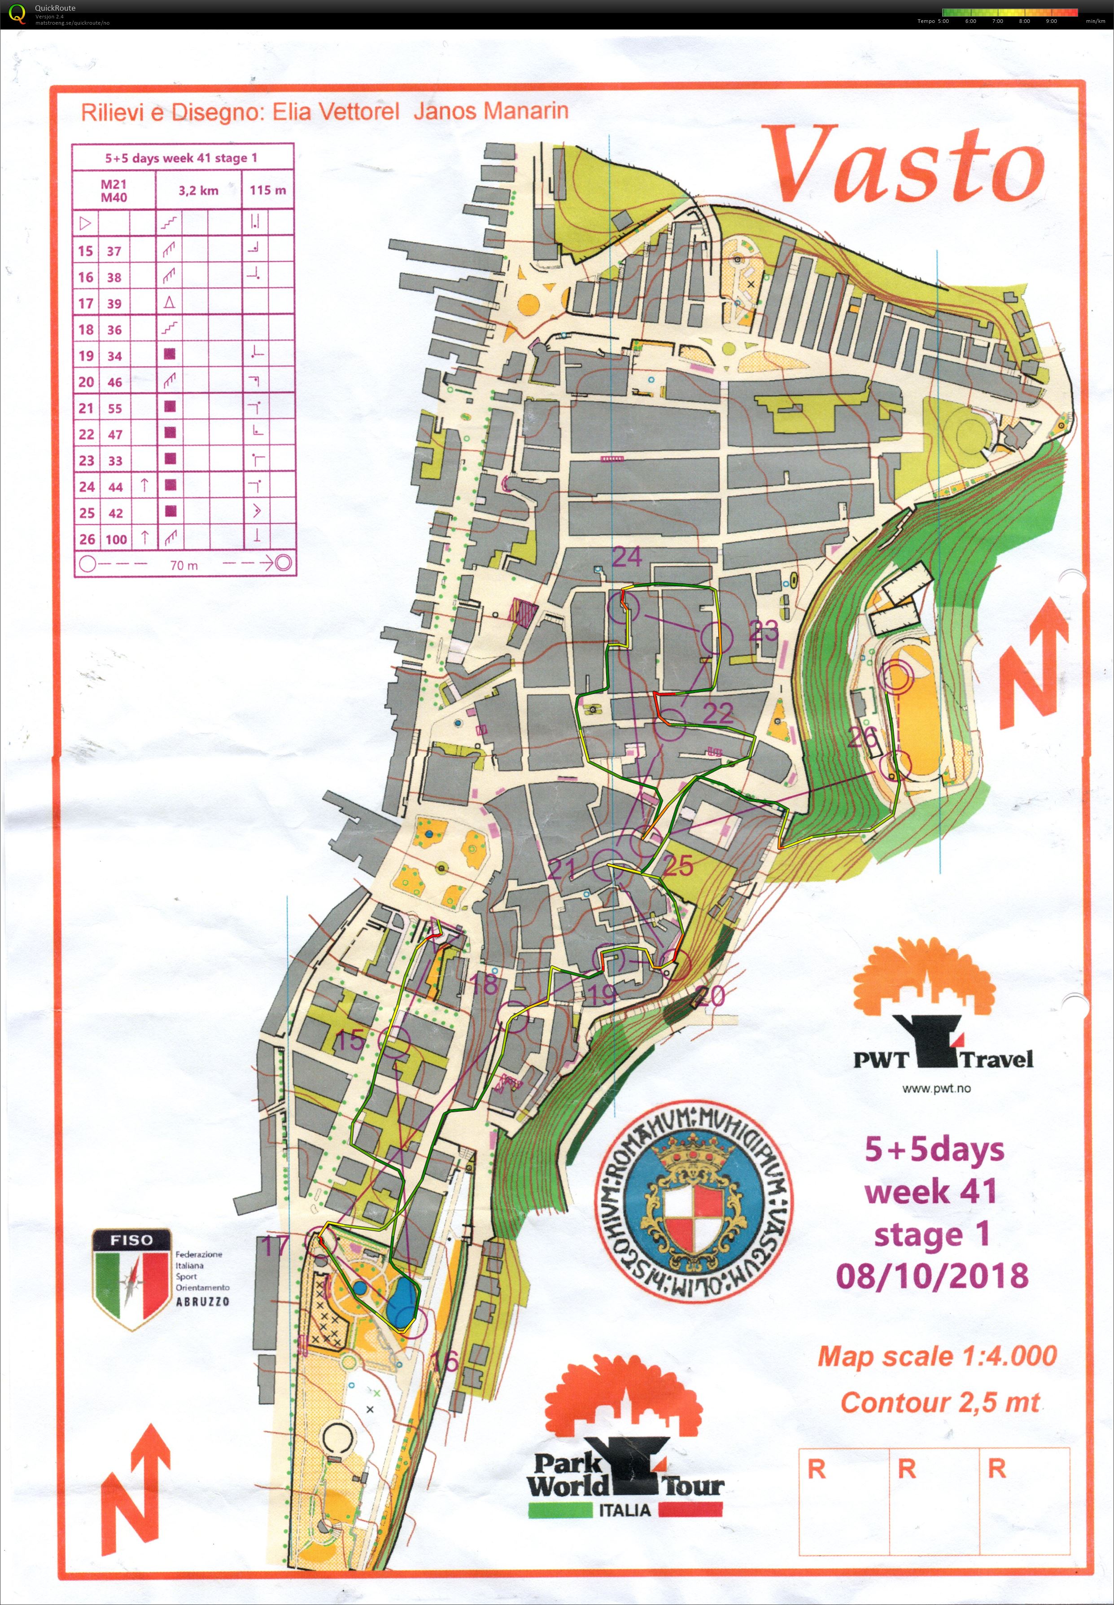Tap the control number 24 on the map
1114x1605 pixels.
pyautogui.click(x=626, y=557)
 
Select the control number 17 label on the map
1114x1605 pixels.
pyautogui.click(x=274, y=1245)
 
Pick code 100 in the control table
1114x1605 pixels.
pyautogui.click(x=116, y=539)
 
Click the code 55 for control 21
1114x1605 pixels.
pyautogui.click(x=114, y=408)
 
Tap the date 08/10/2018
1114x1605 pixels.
pyautogui.click(x=932, y=1275)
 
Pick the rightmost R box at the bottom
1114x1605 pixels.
pyautogui.click(x=1024, y=1501)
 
